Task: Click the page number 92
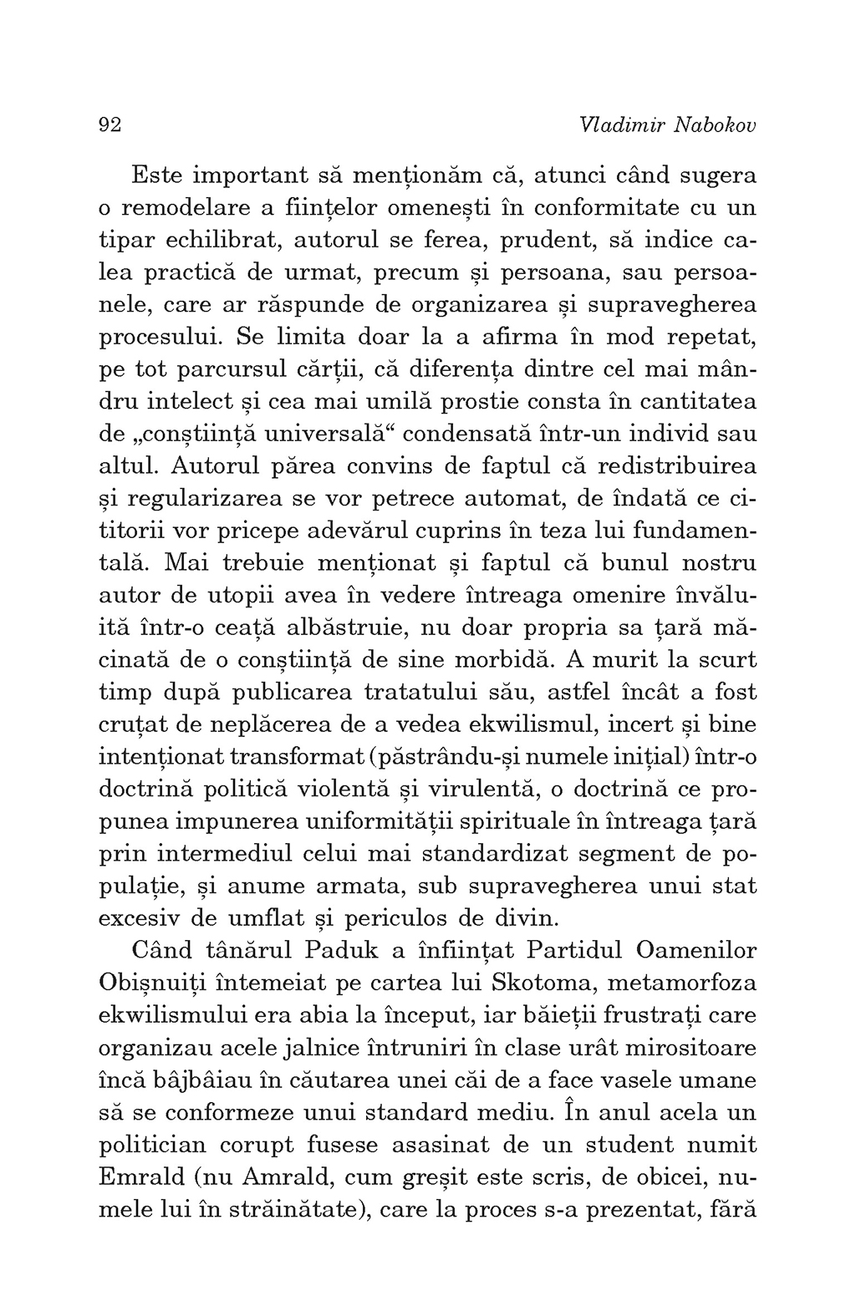110,125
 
